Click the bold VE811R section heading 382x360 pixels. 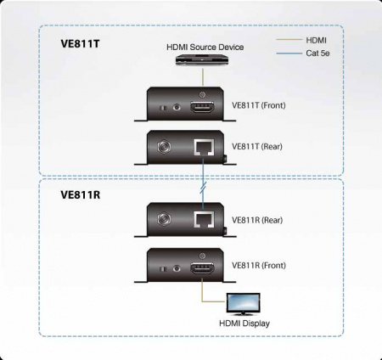click(81, 194)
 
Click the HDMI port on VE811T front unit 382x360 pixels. click(202, 108)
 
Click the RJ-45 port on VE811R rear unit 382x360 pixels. click(203, 219)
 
